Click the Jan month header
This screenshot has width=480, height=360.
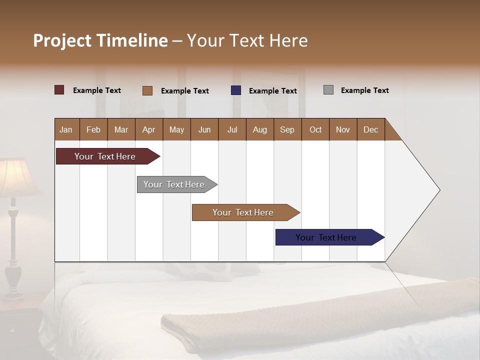66,129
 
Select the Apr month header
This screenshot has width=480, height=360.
148,129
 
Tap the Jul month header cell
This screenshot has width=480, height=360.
232,129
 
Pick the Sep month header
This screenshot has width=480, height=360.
287,129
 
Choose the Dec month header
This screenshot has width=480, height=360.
370,129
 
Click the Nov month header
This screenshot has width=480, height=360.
342,129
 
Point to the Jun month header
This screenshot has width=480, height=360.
204,129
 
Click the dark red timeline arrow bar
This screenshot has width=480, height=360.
105,156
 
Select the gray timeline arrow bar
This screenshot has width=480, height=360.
174,184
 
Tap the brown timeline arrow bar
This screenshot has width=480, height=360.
243,212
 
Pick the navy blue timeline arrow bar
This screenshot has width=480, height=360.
326,237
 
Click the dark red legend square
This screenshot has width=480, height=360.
59,90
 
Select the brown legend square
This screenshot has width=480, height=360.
147,90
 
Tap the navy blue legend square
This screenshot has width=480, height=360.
236,90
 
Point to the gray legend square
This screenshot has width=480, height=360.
328,90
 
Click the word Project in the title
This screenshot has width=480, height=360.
62,40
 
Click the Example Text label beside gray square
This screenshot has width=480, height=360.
364,90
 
